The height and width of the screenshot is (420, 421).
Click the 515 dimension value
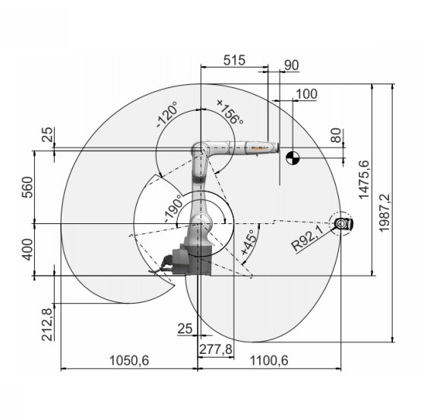pyautogui.click(x=234, y=61)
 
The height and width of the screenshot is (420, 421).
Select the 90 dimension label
pyautogui.click(x=291, y=65)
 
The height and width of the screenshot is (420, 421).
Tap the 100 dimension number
pyautogui.click(x=306, y=94)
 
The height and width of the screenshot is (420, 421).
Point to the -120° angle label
pyautogui.click(x=167, y=114)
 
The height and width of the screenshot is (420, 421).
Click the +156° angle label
pyautogui.click(x=230, y=112)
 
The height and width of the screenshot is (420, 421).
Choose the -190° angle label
pyautogui.click(x=173, y=208)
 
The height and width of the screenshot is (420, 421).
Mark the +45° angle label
pyautogui.click(x=248, y=242)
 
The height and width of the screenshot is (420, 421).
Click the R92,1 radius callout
pyautogui.click(x=308, y=238)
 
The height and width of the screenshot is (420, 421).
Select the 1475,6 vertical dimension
pyautogui.click(x=364, y=179)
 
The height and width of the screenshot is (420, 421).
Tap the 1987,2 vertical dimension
pyautogui.click(x=385, y=213)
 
